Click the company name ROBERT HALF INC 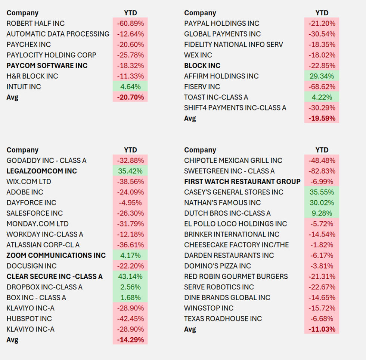click(31, 24)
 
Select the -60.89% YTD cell click(130, 24)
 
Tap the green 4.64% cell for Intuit click(130, 87)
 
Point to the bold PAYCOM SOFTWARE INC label click(47, 66)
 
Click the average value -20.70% click(130, 97)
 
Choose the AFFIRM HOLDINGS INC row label click(221, 76)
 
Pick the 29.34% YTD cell click(322, 76)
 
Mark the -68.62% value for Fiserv click(322, 87)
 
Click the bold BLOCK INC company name click(202, 66)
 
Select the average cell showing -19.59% click(322, 119)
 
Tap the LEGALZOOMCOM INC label click(42, 171)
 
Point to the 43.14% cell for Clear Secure click(130, 277)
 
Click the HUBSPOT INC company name click(29, 319)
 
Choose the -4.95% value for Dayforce click(130, 203)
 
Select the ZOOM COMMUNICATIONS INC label click(56, 256)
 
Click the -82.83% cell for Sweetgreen click(322, 171)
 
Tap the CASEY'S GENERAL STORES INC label click(234, 192)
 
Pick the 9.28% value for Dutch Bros click(322, 213)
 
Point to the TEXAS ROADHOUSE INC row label click(223, 319)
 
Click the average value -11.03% click(322, 329)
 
